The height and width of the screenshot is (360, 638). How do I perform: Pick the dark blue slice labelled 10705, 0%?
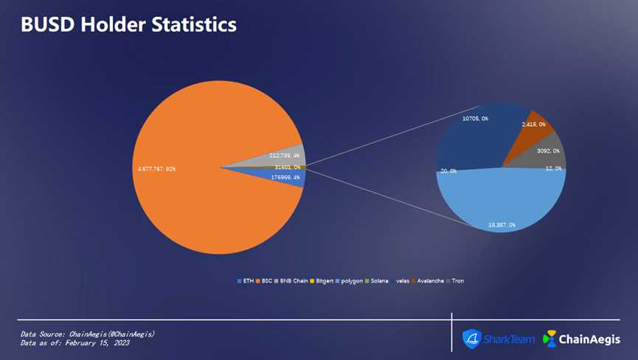pyautogui.click(x=472, y=136)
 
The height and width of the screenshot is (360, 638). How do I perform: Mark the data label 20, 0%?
pyautogui.click(x=448, y=171)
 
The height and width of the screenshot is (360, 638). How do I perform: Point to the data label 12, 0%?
pyautogui.click(x=553, y=169)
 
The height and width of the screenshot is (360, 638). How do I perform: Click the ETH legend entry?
pyautogui.click(x=246, y=281)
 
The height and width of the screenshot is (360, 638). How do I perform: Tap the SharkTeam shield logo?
pyautogui.click(x=471, y=339)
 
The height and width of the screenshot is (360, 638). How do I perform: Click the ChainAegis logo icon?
pyautogui.click(x=549, y=339)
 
